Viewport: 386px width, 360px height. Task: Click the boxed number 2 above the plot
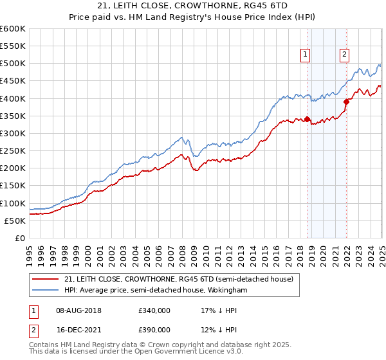click(x=345, y=55)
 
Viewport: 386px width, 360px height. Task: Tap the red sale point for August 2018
click(x=307, y=119)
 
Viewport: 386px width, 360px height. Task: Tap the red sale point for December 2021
click(x=346, y=101)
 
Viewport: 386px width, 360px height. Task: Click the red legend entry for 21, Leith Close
click(x=179, y=279)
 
